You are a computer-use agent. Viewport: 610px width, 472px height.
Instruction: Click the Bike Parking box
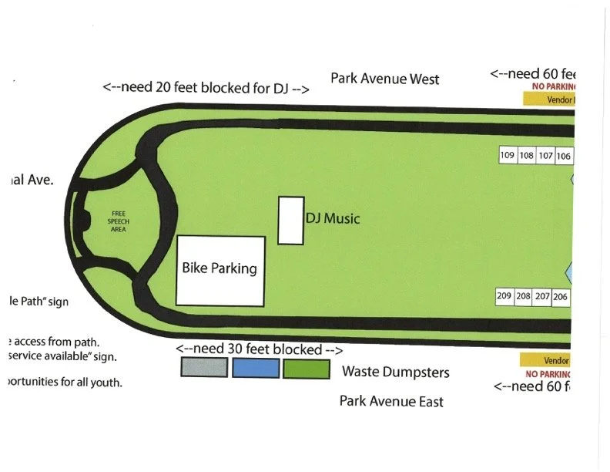click(221, 270)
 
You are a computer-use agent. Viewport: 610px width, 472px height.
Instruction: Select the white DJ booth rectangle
click(290, 221)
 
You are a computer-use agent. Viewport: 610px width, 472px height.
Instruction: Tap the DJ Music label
click(333, 219)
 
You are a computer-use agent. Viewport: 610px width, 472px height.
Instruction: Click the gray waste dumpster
click(204, 368)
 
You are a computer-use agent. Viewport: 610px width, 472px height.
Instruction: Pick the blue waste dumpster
click(255, 368)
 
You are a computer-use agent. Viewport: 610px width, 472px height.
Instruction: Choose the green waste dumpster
click(306, 368)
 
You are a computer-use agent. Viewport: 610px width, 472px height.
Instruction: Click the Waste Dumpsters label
click(395, 373)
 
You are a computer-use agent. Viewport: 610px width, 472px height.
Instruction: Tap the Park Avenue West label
click(385, 79)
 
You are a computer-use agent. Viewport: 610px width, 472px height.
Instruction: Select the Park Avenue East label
click(391, 401)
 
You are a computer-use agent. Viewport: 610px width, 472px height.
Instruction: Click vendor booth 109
click(508, 156)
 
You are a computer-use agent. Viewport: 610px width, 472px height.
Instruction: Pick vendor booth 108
click(527, 156)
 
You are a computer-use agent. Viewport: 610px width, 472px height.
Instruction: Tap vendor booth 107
click(546, 156)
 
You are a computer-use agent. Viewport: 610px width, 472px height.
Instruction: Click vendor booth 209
click(504, 296)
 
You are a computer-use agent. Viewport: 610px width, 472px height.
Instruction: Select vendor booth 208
click(524, 296)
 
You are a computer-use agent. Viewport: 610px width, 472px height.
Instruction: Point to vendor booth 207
click(543, 296)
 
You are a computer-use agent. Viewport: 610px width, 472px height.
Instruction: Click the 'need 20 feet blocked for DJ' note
click(206, 88)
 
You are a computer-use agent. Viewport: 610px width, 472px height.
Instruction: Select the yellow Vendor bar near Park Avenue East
click(548, 360)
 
